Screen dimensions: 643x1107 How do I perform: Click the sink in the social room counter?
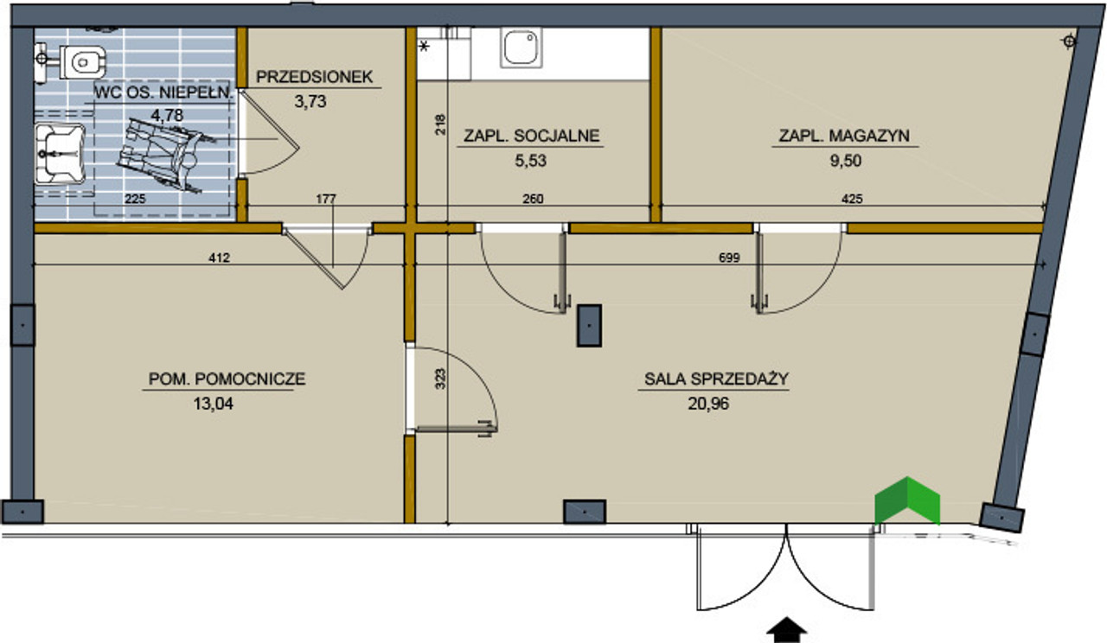tap(522, 47)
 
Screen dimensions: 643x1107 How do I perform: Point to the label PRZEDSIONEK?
tap(314, 77)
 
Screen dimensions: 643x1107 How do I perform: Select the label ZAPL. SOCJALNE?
tap(532, 136)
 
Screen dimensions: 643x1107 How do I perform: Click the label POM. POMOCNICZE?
tap(227, 378)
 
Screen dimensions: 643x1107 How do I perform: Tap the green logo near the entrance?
tap(906, 501)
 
